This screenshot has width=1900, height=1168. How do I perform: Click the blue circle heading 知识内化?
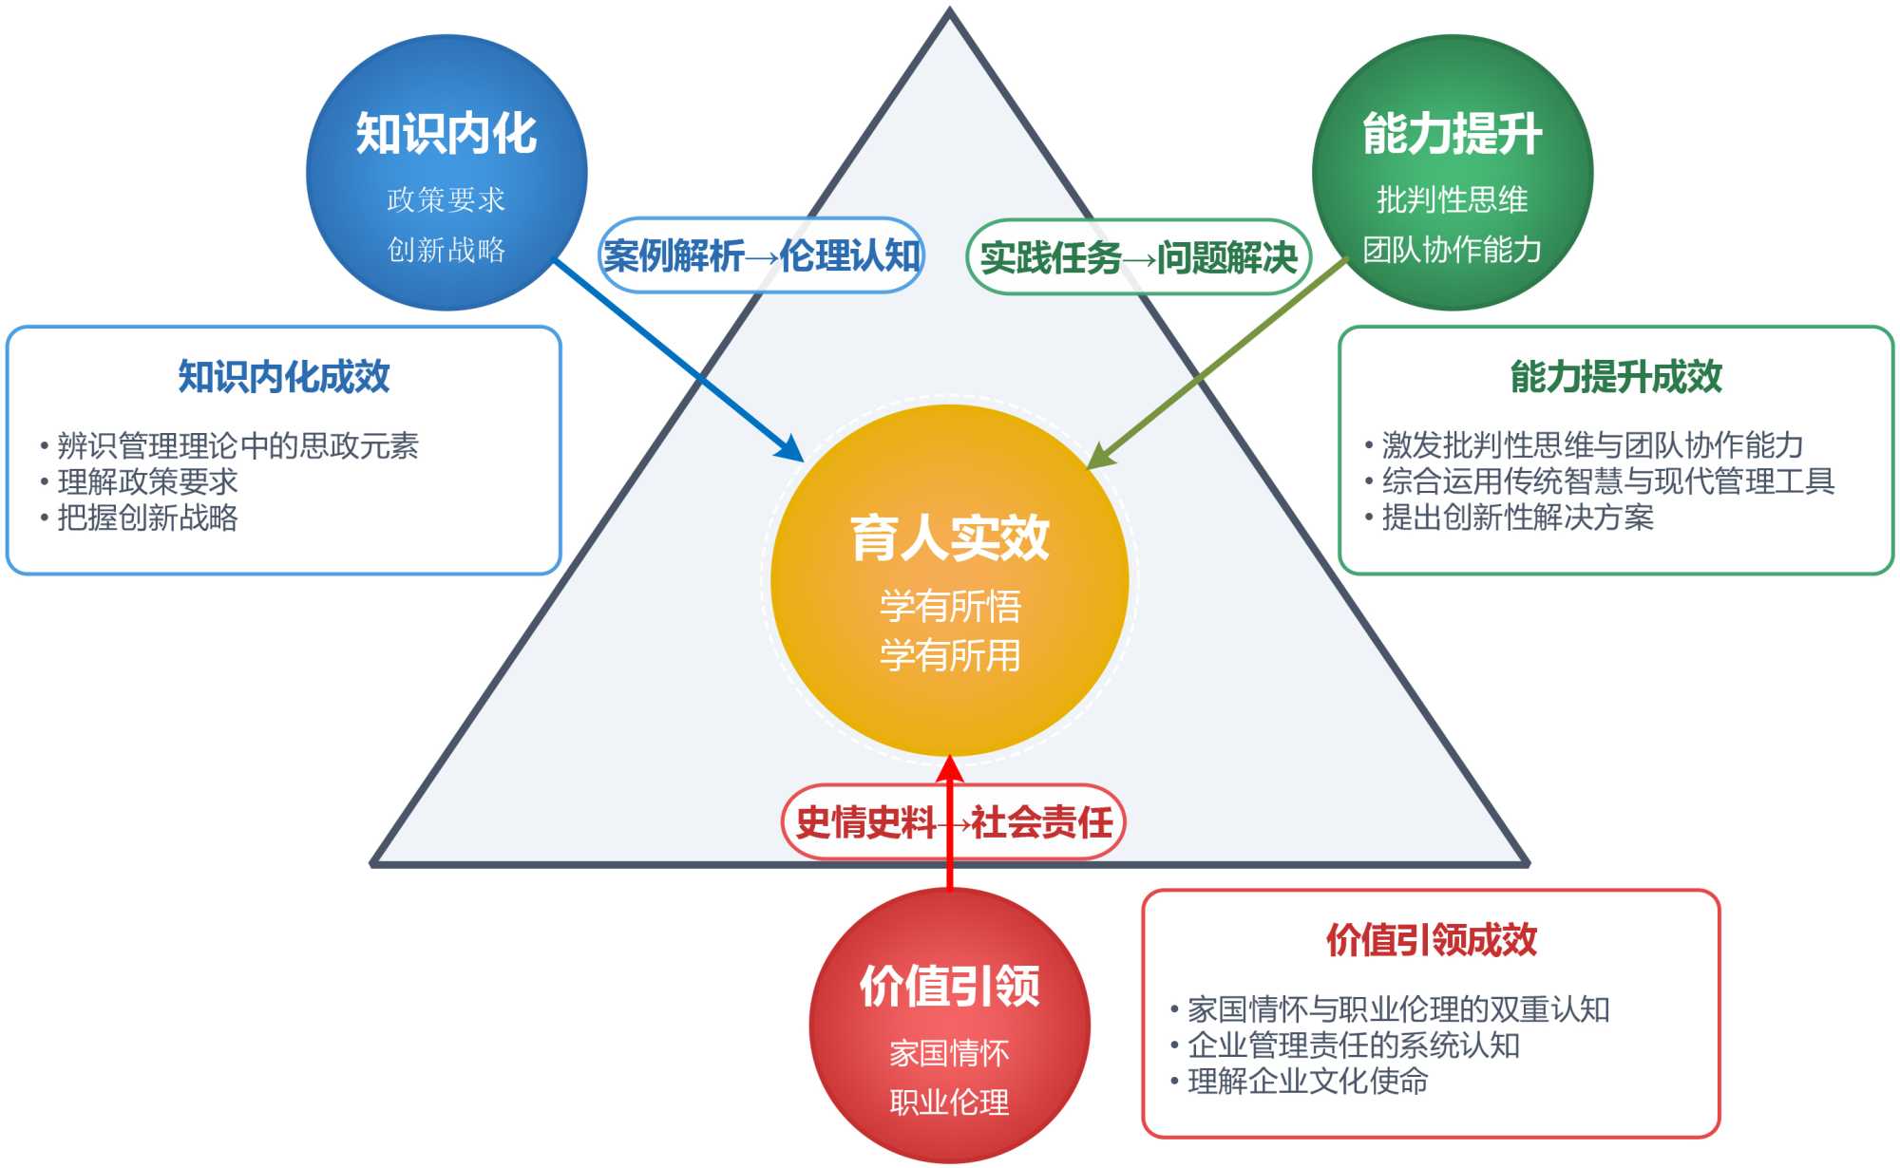tap(446, 133)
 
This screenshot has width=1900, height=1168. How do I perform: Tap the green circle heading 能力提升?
tap(1452, 133)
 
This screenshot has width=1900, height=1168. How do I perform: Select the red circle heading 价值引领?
tap(949, 985)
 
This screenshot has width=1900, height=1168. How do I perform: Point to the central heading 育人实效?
tap(949, 537)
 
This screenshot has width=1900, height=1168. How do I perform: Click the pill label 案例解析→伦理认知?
tap(761, 255)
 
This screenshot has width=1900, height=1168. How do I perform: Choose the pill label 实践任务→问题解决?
tap(1138, 257)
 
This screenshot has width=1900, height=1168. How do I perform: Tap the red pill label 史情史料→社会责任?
tap(953, 822)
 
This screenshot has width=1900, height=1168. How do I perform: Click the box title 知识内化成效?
tap(284, 377)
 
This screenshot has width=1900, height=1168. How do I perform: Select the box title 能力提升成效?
tap(1616, 377)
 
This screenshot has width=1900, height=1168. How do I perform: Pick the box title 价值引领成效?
tap(1431, 940)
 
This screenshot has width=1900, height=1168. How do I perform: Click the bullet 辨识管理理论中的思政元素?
tap(237, 445)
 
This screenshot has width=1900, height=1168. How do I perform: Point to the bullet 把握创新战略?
tap(147, 518)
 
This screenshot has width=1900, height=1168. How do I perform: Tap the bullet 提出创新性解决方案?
tap(1517, 518)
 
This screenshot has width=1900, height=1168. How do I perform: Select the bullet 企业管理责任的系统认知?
tap(1353, 1045)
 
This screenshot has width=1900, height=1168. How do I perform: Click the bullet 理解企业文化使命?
tap(1307, 1081)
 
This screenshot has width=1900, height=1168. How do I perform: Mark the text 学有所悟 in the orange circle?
tap(950, 606)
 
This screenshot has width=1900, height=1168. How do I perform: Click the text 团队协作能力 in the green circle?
tap(1452, 250)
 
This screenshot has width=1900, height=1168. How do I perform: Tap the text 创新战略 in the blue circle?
tap(446, 250)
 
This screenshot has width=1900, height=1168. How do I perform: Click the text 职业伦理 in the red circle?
tap(949, 1102)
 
